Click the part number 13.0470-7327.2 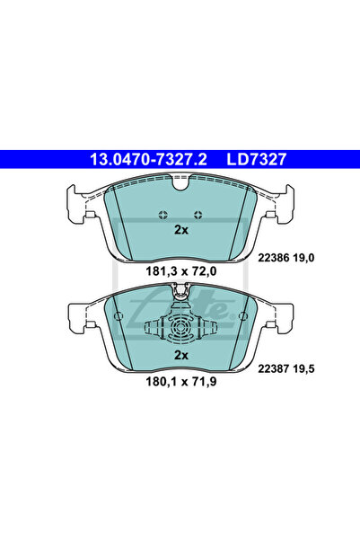pos(148,159)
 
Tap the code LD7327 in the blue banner pos(257,159)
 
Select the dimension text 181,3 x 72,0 pos(181,271)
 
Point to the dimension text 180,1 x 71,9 pos(181,382)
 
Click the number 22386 pos(273,258)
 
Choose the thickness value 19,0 pos(303,258)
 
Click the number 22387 pos(273,369)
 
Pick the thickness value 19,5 pos(303,369)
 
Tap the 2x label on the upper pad pos(181,230)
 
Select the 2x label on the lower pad pos(181,355)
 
